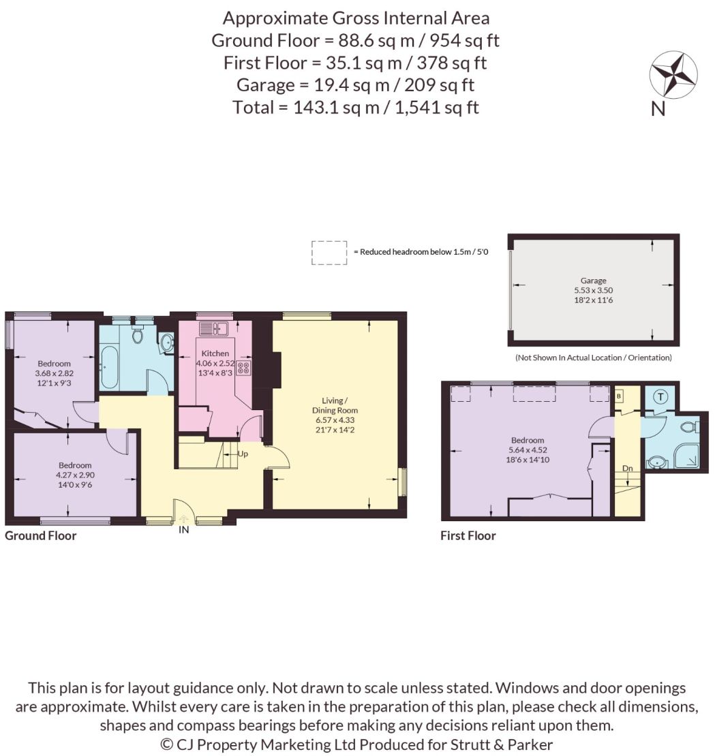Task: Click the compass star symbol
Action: (x=673, y=75)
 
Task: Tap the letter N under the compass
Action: (x=658, y=109)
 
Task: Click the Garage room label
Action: (x=593, y=280)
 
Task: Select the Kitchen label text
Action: (x=215, y=353)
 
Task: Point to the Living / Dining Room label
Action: (x=335, y=405)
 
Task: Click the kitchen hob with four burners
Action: (x=243, y=368)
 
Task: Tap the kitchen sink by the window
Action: (x=213, y=328)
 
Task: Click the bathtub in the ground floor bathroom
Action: (x=109, y=367)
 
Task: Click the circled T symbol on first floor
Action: (x=660, y=397)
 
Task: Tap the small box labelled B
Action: (x=619, y=396)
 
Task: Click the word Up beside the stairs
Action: (x=243, y=454)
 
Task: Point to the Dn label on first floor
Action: (x=627, y=468)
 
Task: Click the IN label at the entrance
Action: (x=184, y=529)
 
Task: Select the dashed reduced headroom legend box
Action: (x=329, y=253)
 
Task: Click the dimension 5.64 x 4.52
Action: (x=528, y=450)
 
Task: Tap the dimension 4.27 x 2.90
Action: (x=75, y=475)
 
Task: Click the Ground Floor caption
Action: (x=40, y=535)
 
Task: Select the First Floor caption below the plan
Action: (x=468, y=535)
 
